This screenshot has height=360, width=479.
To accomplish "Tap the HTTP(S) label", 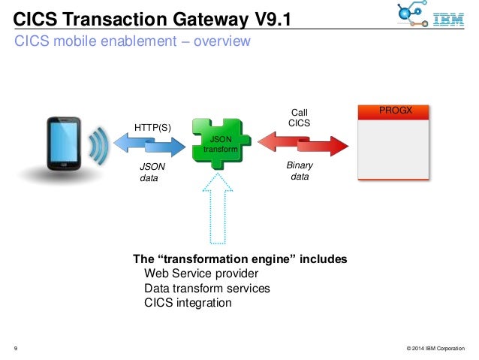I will [x=152, y=127].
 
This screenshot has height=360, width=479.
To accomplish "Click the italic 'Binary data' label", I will [x=300, y=170].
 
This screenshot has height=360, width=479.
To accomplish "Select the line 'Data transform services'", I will [x=206, y=288].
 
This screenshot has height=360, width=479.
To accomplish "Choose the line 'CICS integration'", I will [x=188, y=303].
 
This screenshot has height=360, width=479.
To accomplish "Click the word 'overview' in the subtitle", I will [x=221, y=41].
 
